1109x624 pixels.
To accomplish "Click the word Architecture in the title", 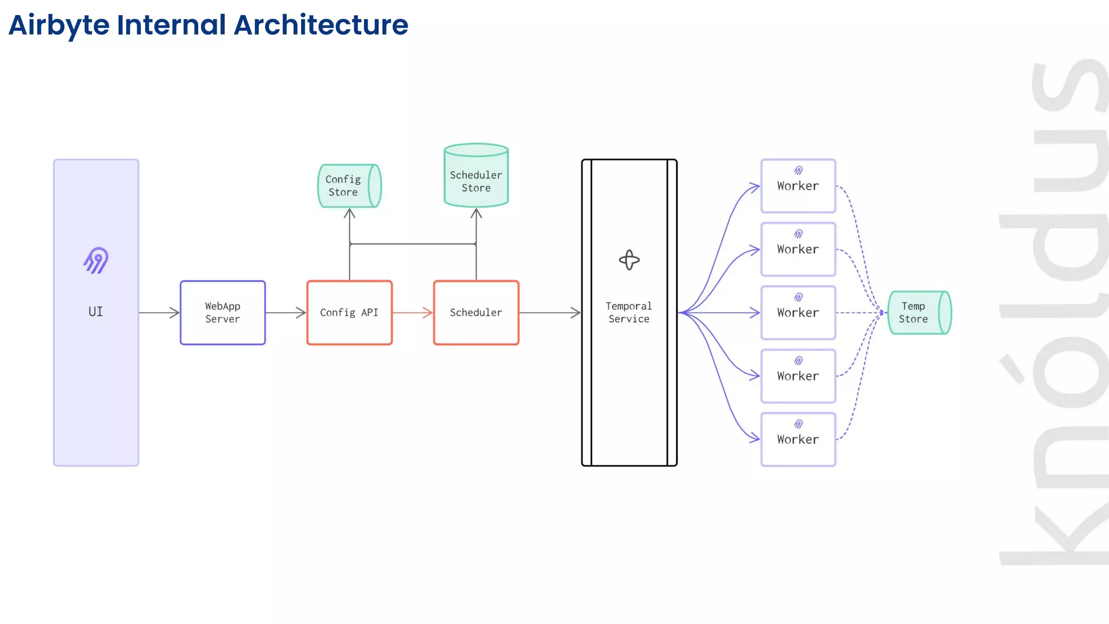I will (x=321, y=25).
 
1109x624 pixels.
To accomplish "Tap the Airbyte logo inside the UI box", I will (x=96, y=261).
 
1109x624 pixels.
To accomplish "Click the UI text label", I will (x=95, y=311).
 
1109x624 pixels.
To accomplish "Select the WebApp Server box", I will (x=223, y=313).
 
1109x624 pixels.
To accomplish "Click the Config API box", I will (x=349, y=313).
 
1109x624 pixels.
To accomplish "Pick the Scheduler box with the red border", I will (x=476, y=313).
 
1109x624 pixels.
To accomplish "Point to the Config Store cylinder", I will (x=349, y=186).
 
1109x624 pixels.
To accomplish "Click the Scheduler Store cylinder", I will (x=476, y=176).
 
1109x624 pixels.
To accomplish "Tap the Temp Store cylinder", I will (x=919, y=313).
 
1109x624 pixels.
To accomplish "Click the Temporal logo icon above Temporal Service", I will (x=629, y=260).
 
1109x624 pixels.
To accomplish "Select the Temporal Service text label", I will (x=629, y=313).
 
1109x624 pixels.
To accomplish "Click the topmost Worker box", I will (x=798, y=185).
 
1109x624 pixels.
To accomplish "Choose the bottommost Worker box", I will (x=798, y=439).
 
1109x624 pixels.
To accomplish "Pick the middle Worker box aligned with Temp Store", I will (x=798, y=313).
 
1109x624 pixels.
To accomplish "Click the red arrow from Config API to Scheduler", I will (x=413, y=313).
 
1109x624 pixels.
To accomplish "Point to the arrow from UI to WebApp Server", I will (x=159, y=313).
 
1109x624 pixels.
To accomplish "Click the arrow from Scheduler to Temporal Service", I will (x=550, y=313).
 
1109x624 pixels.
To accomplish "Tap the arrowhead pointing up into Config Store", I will (x=350, y=213).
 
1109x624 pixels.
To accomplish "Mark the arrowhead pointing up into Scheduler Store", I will (x=476, y=213).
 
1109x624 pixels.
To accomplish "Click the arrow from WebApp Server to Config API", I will (x=286, y=313).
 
